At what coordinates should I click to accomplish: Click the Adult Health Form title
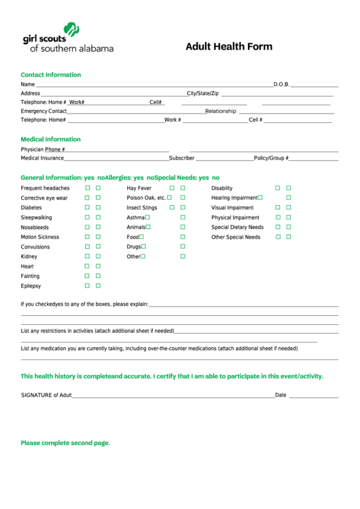click(229, 47)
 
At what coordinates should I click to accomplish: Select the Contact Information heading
click(51, 75)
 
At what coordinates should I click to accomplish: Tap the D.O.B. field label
click(281, 85)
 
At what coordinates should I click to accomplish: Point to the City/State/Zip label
click(202, 93)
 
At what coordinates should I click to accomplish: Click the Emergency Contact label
click(43, 111)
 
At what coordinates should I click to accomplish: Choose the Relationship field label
click(221, 111)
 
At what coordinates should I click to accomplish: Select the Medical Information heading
click(51, 139)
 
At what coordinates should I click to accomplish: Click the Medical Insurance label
click(42, 158)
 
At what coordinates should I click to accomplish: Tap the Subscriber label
click(181, 158)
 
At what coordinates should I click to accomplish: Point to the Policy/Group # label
click(271, 158)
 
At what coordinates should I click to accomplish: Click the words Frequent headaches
click(45, 188)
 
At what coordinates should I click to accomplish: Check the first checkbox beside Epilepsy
click(87, 286)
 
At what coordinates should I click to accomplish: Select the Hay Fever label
click(139, 188)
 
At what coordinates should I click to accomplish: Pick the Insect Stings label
click(141, 208)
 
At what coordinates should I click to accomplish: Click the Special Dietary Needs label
click(237, 228)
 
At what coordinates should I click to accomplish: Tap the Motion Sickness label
click(40, 237)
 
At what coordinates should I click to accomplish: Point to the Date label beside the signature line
click(281, 395)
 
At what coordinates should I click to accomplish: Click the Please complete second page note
click(65, 443)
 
